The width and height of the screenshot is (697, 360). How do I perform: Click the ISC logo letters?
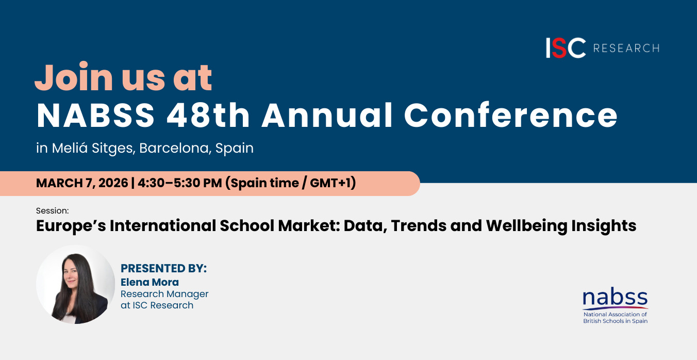point(566,48)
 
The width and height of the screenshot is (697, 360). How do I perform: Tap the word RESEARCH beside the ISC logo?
point(626,48)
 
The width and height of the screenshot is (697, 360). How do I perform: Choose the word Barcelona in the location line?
point(175,148)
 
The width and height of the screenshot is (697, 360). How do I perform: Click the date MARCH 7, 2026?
point(82,183)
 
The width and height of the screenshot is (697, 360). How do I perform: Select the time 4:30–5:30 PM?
point(180,183)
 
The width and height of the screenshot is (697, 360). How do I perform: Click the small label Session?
point(53,210)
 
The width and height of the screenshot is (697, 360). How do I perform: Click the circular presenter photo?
point(75,284)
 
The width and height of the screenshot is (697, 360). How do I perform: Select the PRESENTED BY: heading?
point(163,268)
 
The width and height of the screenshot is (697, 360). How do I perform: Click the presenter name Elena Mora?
point(150,282)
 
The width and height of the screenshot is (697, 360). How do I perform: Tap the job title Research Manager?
point(164,294)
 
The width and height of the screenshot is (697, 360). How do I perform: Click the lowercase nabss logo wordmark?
point(615,298)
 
